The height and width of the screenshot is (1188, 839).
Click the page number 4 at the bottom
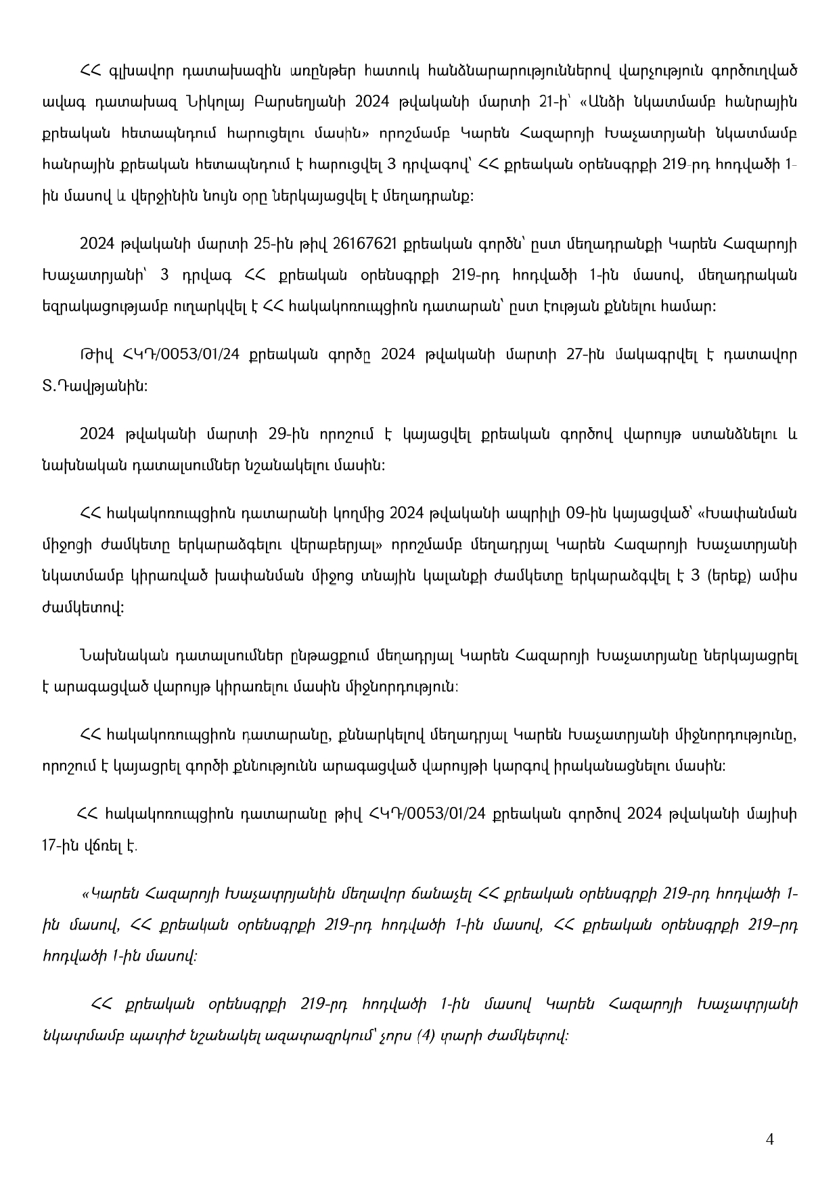click(x=769, y=1139)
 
